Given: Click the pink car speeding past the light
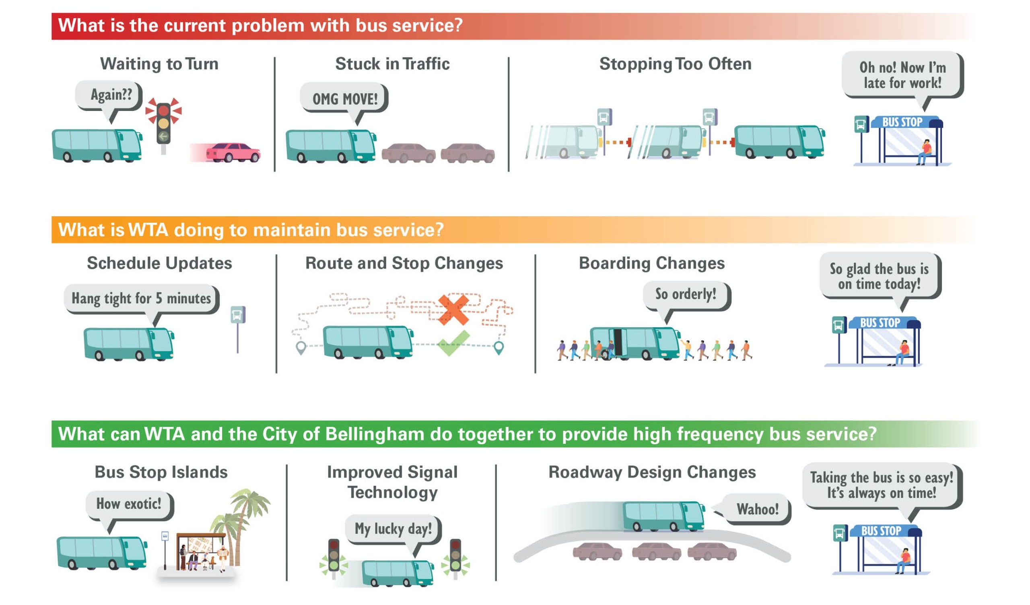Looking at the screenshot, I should click(x=233, y=153).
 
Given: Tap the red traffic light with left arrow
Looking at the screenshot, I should click(x=163, y=123).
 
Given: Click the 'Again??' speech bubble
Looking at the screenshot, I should click(x=110, y=95).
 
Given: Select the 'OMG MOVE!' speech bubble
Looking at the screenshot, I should click(x=344, y=99).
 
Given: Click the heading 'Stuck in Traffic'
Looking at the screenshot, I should click(x=392, y=64).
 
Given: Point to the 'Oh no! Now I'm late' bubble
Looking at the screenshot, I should click(x=902, y=75).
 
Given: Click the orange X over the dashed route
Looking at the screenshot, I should click(x=453, y=309).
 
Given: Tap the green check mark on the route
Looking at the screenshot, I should click(x=453, y=344).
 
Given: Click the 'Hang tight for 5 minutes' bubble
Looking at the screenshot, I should click(x=141, y=298).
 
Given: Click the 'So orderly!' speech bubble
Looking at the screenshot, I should click(x=686, y=294).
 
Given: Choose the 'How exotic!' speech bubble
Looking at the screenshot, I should click(x=129, y=504).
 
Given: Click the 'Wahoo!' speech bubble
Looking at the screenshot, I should click(x=757, y=509).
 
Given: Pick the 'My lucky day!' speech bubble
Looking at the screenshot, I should click(x=393, y=529).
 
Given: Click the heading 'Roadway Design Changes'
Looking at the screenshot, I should click(x=652, y=472).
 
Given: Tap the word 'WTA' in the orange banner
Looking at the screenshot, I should click(x=148, y=230).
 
